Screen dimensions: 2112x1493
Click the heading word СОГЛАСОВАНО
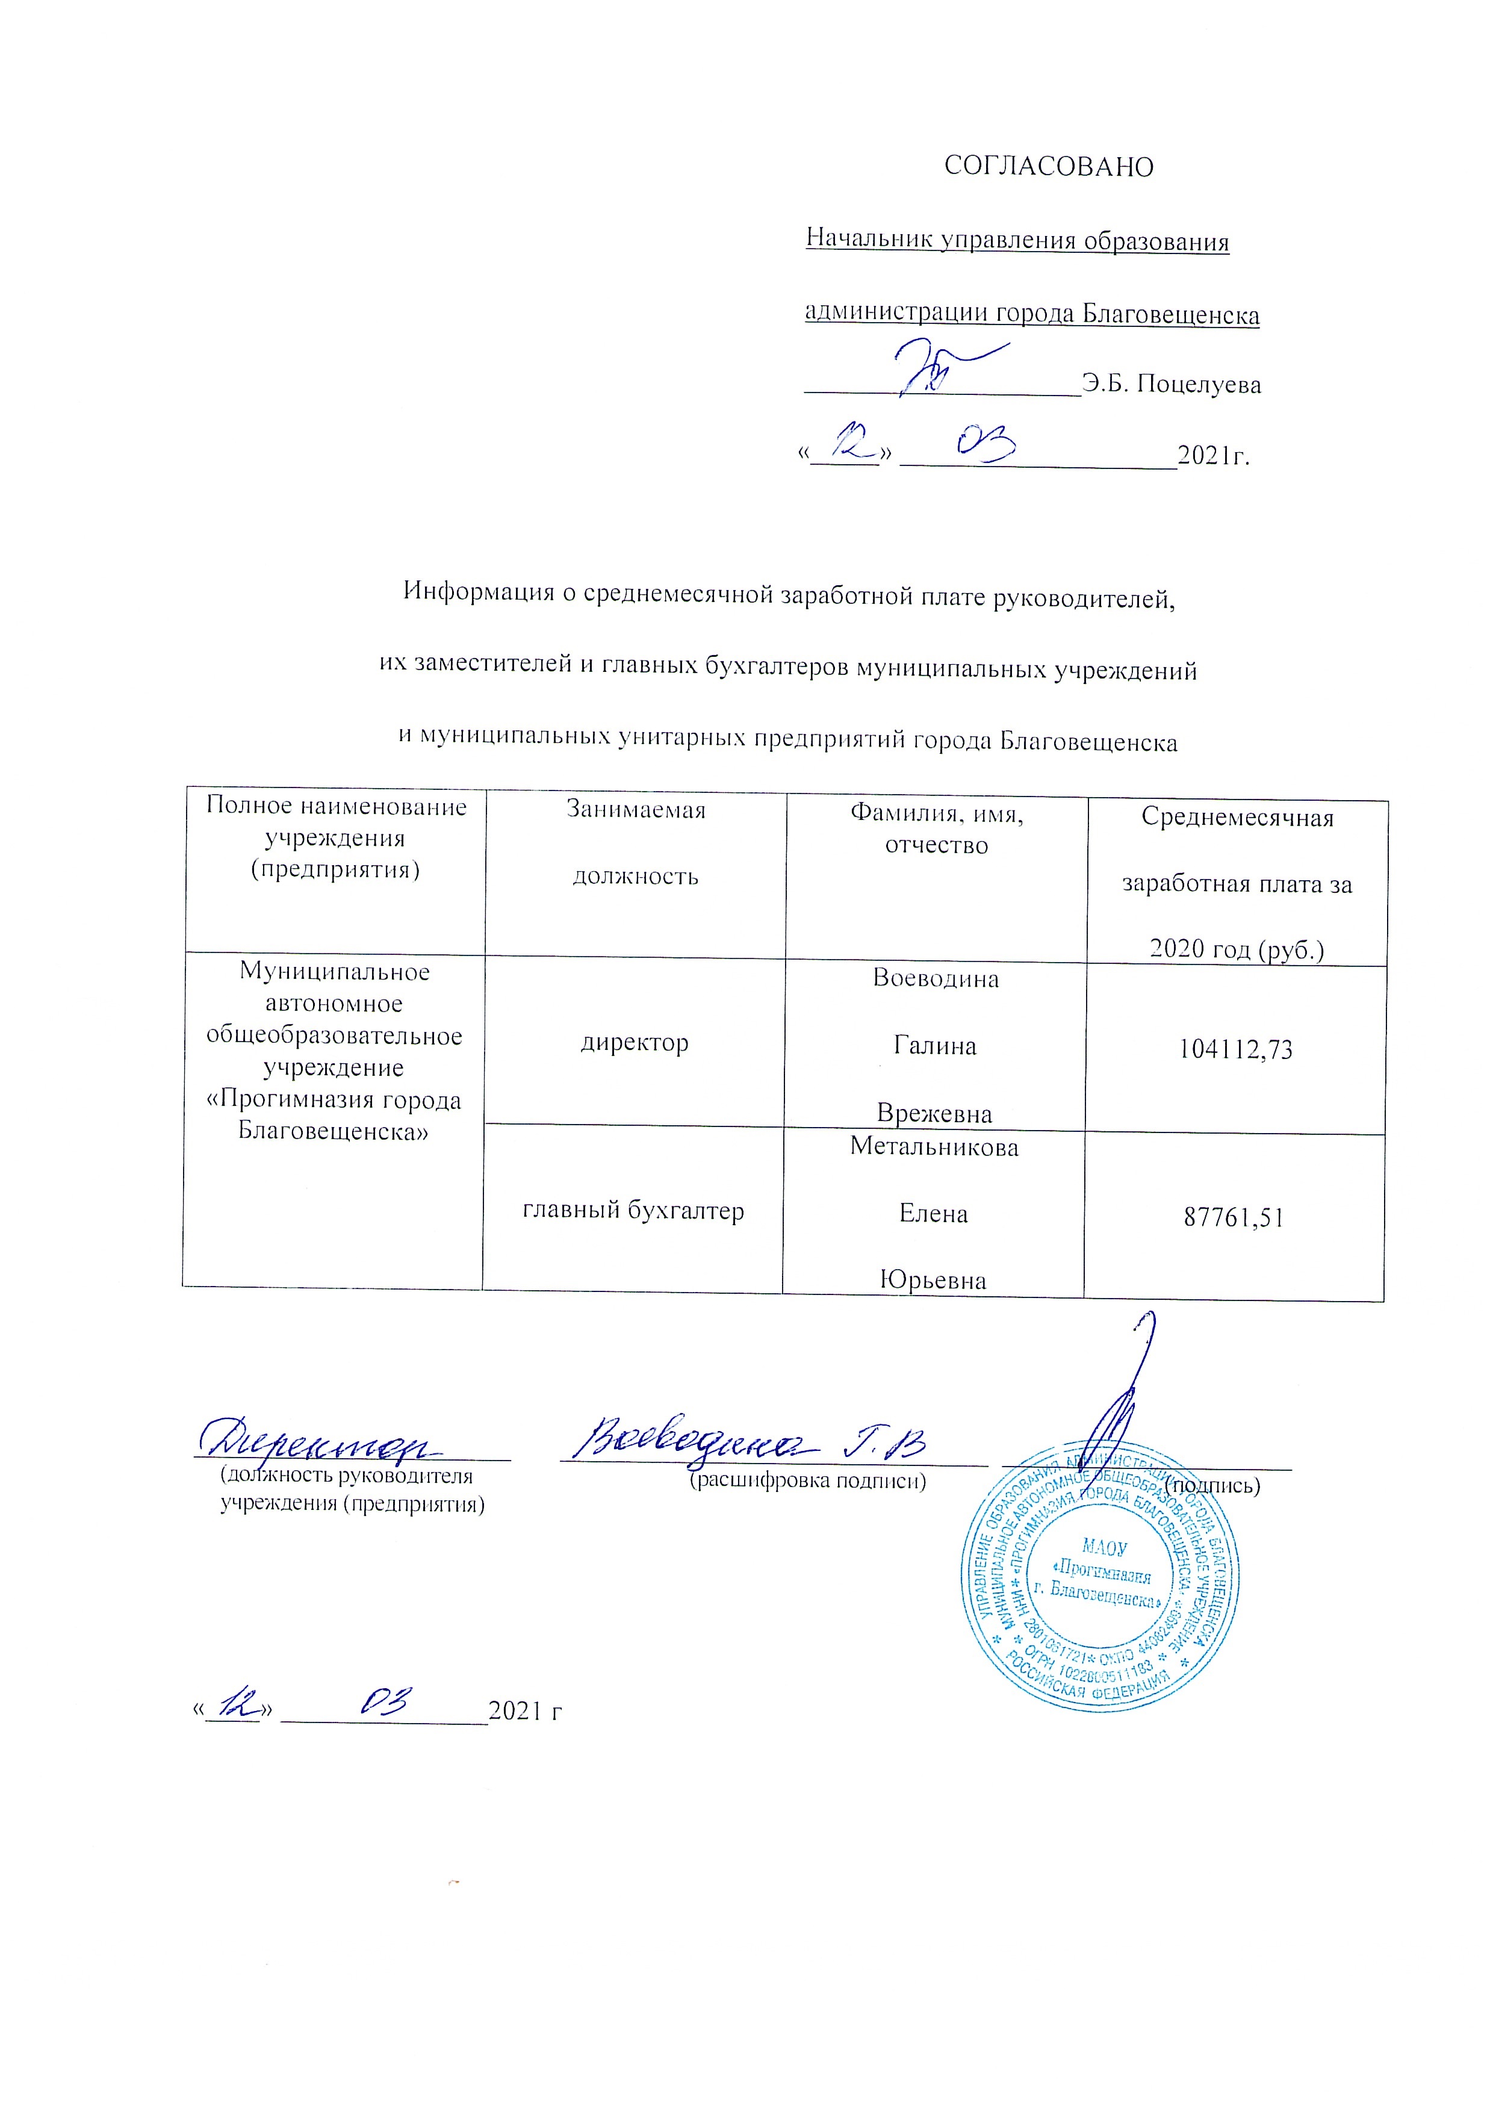click(1049, 167)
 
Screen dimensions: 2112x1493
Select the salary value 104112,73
click(1235, 1049)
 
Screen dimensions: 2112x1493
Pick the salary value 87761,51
click(1234, 1218)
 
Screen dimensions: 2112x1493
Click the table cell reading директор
click(635, 1043)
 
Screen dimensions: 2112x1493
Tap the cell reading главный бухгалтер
click(633, 1211)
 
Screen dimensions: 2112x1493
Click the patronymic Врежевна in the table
click(934, 1114)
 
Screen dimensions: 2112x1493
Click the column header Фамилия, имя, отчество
click(937, 829)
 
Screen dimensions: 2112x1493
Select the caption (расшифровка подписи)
click(808, 1481)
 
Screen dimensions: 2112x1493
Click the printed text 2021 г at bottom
click(524, 1711)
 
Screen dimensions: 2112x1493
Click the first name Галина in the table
click(934, 1046)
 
